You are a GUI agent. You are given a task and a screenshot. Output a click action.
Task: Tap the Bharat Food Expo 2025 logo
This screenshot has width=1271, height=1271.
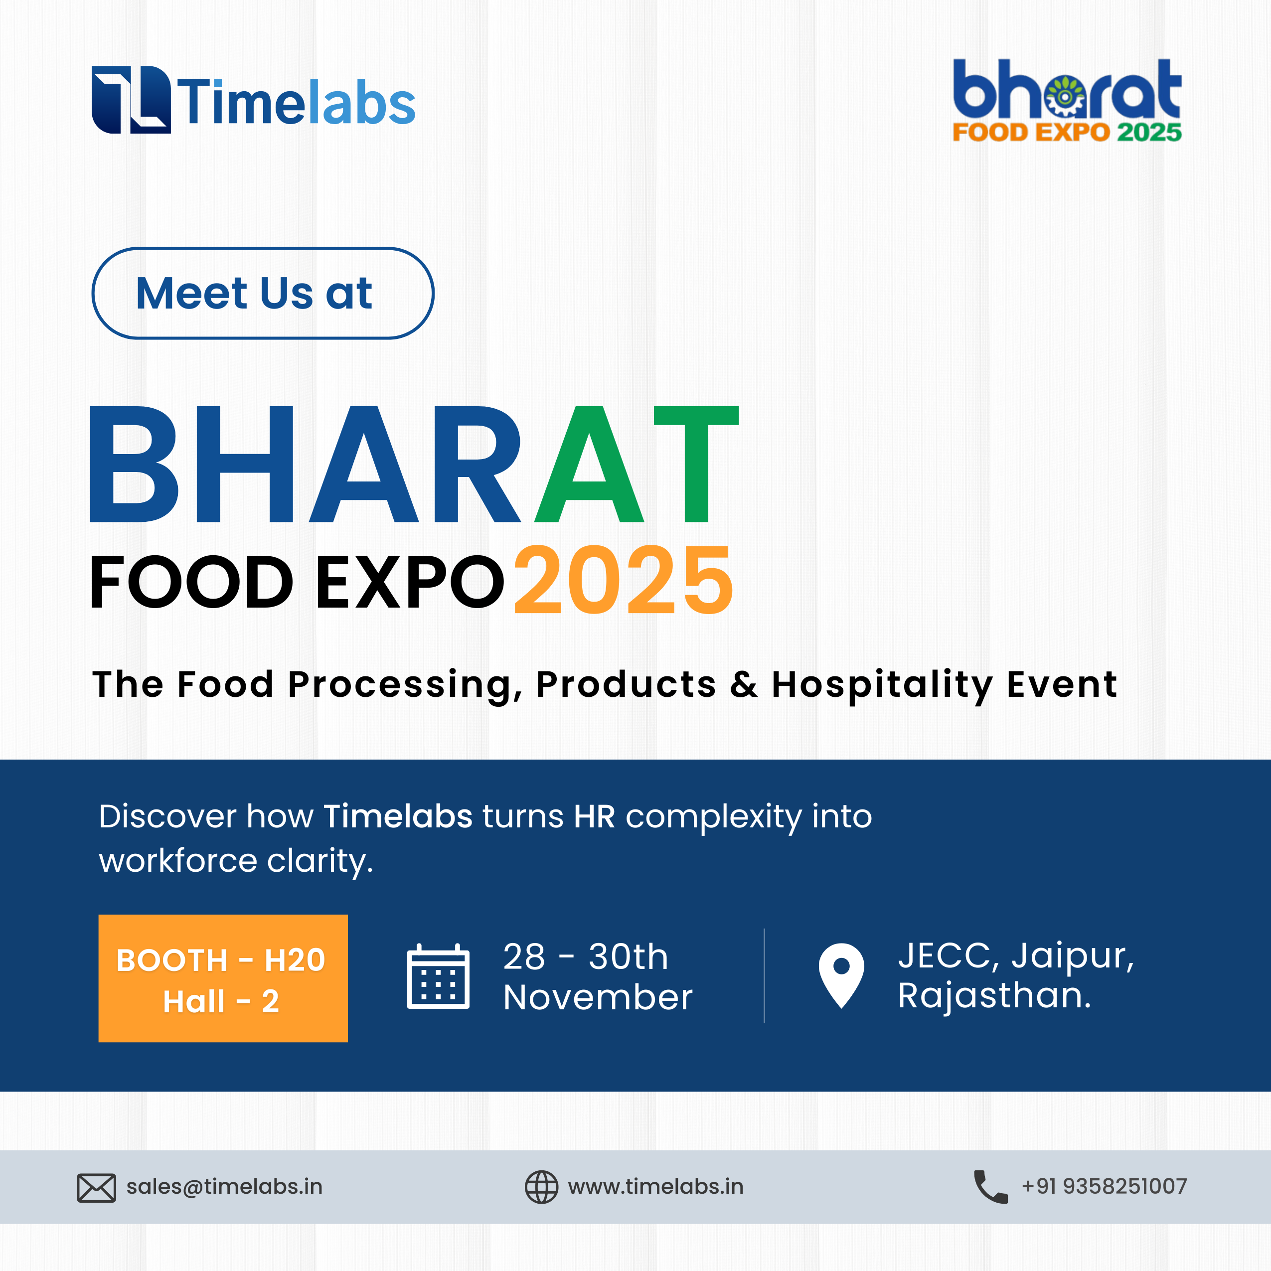pyautogui.click(x=1067, y=101)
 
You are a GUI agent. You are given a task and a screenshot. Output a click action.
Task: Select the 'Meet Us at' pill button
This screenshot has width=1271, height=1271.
pyautogui.click(x=263, y=294)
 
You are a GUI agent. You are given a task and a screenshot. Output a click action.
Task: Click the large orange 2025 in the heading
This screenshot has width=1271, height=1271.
pyautogui.click(x=623, y=580)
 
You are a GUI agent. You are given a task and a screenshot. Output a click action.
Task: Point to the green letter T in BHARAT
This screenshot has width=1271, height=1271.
pyautogui.click(x=696, y=465)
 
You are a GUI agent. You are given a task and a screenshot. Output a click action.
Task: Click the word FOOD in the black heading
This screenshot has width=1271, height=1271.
pyautogui.click(x=191, y=582)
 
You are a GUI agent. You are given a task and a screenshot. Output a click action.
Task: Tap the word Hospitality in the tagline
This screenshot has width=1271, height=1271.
pyautogui.click(x=882, y=685)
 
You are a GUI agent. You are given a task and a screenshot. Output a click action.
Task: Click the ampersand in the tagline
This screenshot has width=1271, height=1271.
pyautogui.click(x=743, y=684)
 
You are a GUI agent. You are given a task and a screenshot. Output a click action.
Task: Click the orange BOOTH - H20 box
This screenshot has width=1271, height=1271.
pyautogui.click(x=223, y=978)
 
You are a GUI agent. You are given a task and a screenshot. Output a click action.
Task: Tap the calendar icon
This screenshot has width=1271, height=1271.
pyautogui.click(x=438, y=976)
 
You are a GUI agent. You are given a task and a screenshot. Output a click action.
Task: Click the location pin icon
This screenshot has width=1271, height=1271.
pyautogui.click(x=841, y=975)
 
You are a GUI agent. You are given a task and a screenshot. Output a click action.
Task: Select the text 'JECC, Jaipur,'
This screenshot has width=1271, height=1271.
pyautogui.click(x=1016, y=956)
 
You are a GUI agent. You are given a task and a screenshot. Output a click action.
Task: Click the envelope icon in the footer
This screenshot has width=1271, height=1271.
pyautogui.click(x=97, y=1188)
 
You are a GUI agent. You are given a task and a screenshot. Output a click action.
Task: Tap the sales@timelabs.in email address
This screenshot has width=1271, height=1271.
pyautogui.click(x=224, y=1187)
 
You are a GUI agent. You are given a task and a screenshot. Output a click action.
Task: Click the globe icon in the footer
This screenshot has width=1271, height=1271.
pyautogui.click(x=541, y=1187)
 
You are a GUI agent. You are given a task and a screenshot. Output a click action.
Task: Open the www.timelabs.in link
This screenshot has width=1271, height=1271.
pyautogui.click(x=656, y=1187)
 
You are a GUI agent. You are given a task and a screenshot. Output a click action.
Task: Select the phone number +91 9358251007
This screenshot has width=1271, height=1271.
pyautogui.click(x=1105, y=1186)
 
